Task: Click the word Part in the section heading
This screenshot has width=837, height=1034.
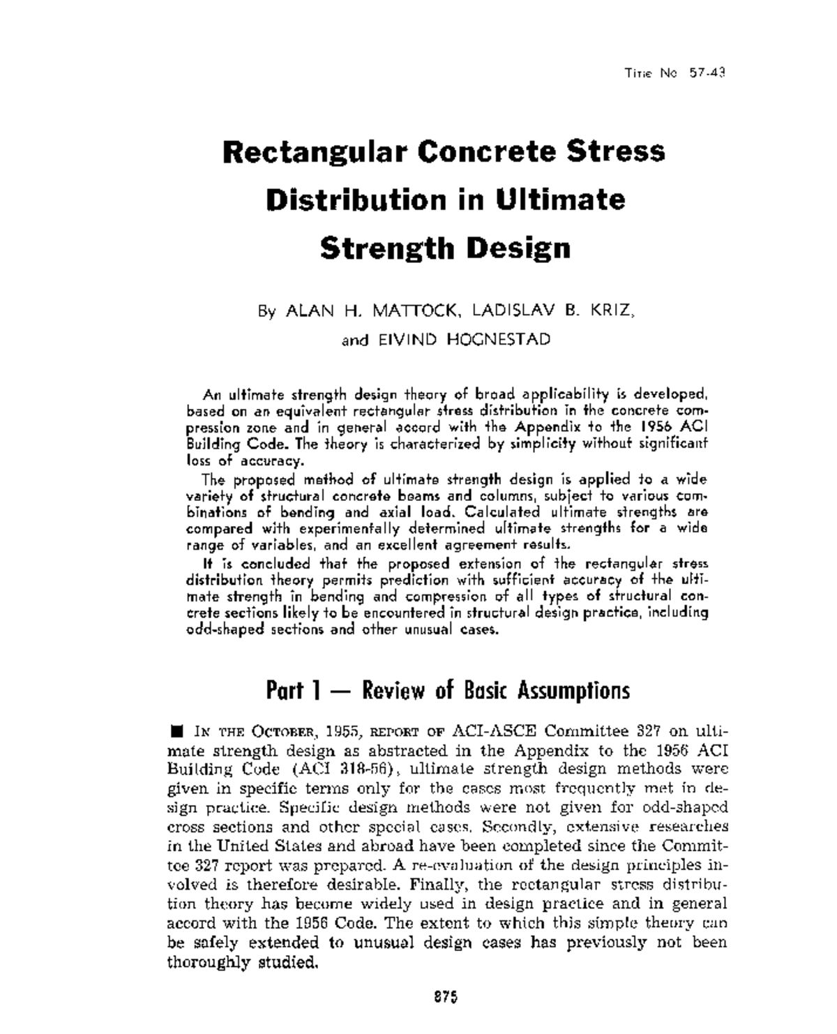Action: pos(285,691)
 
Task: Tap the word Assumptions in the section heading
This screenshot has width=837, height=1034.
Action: pos(573,691)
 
